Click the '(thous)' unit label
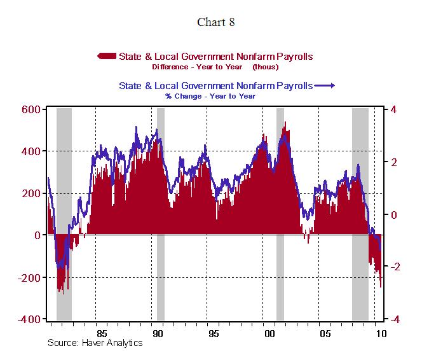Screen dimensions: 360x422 coord(265,67)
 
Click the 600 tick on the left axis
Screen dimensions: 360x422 coord(31,109)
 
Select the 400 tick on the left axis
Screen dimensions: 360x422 coord(31,151)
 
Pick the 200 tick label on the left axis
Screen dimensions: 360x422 coord(31,193)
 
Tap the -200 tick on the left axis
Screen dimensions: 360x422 coord(29,277)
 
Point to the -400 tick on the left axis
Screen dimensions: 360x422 coord(29,319)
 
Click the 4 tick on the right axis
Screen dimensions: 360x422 coord(394,109)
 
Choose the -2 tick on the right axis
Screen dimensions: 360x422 coord(392,267)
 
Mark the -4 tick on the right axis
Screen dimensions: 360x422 coord(392,319)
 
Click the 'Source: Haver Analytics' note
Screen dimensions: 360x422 coord(95,343)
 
